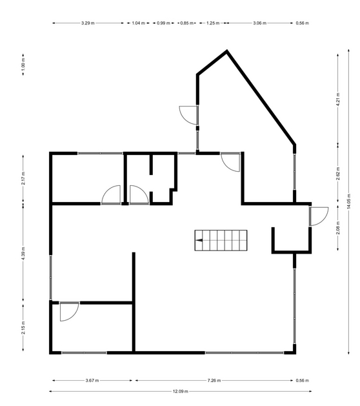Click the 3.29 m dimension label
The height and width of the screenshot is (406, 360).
(88, 23)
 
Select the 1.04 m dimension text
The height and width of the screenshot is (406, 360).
(139, 23)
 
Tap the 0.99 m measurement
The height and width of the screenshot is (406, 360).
(163, 23)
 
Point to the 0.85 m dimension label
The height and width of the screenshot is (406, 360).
(187, 23)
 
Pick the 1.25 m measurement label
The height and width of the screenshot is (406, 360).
(213, 23)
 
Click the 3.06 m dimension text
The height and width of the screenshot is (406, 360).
(259, 23)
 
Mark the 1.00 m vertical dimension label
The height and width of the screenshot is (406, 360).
(23, 65)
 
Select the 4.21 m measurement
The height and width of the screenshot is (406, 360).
(338, 99)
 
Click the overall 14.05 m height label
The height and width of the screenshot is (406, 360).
(348, 201)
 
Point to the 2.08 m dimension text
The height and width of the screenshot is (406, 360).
(338, 228)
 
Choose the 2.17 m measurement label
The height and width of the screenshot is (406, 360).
(23, 178)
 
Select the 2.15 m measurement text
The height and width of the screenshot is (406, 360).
(23, 327)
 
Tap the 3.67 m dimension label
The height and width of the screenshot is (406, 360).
(92, 380)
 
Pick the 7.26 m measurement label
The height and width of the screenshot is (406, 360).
(214, 380)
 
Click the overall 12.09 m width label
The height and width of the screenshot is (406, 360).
(181, 391)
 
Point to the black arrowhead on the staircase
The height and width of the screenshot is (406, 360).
(199, 240)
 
